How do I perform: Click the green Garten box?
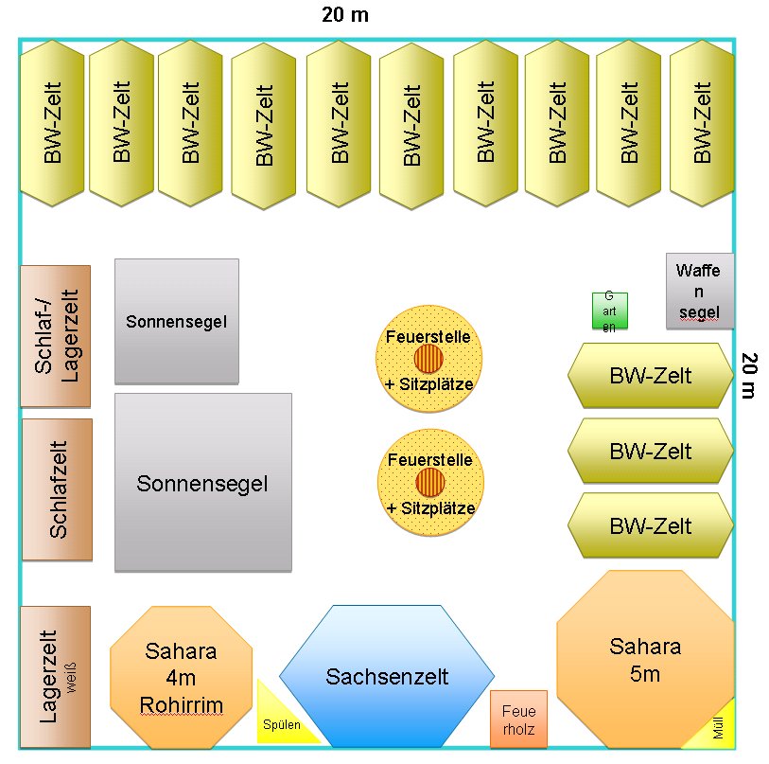tap(609, 311)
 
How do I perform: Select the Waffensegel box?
tap(699, 291)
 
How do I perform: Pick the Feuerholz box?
tap(518, 719)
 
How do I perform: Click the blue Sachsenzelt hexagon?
tap(387, 676)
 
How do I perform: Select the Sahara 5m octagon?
tap(645, 660)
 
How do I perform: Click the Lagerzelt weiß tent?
tap(55, 676)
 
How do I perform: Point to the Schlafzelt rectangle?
tap(57, 489)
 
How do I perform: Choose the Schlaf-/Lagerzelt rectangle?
tap(56, 336)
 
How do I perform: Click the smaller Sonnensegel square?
tap(177, 321)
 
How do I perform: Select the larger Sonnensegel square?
tap(202, 483)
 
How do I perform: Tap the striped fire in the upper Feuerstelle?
tap(428, 359)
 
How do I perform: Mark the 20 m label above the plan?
tap(344, 15)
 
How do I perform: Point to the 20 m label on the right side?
tap(748, 375)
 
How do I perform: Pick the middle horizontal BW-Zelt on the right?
tap(650, 451)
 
